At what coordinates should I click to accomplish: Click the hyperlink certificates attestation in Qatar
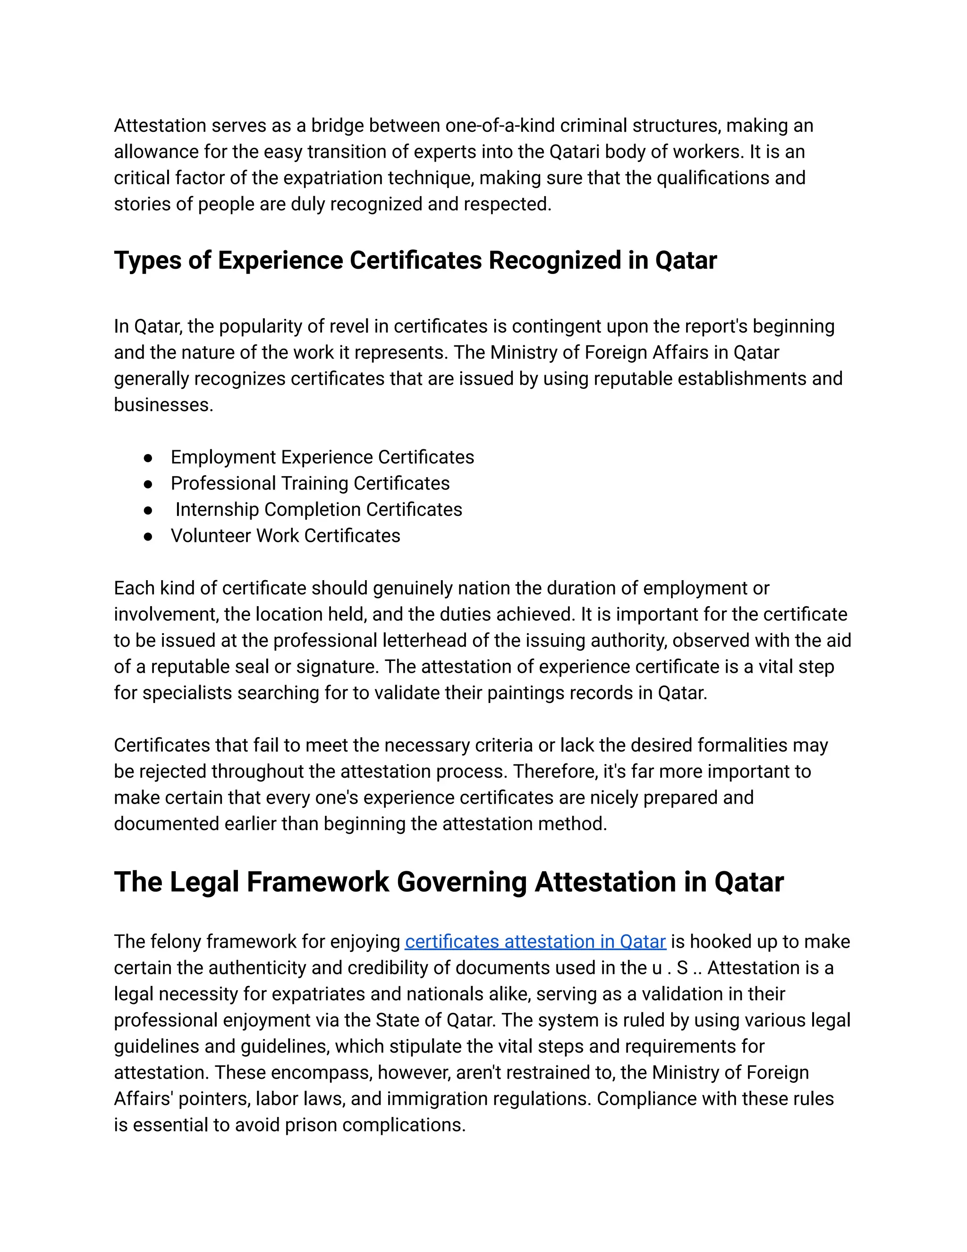pos(535,941)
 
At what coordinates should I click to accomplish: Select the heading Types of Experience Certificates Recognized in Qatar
pos(415,260)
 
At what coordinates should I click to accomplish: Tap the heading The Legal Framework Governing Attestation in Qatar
pos(448,882)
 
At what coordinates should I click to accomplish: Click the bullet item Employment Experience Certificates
pos(322,457)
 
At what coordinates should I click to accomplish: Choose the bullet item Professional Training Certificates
pos(310,483)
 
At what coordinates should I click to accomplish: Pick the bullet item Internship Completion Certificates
pos(319,509)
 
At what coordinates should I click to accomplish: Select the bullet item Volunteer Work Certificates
pos(285,535)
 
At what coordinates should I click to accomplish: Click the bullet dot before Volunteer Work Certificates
pos(148,536)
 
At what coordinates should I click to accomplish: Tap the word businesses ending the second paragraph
pos(163,405)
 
